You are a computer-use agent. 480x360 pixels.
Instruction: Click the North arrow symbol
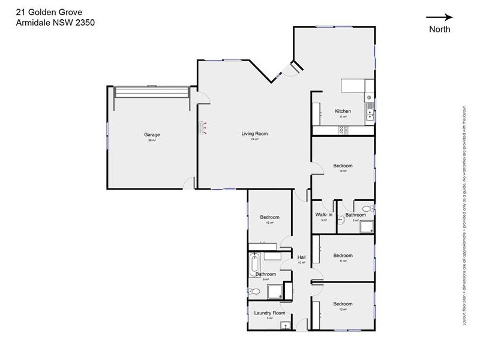pos(439,18)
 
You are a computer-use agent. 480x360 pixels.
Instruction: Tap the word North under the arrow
pos(439,29)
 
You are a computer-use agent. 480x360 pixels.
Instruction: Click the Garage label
pos(152,135)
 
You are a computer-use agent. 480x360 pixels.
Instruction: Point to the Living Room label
pos(254,134)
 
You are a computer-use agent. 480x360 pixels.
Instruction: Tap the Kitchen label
pos(343,111)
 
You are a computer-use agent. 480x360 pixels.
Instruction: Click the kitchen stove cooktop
pos(369,96)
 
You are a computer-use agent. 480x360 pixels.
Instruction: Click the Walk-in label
pos(324,215)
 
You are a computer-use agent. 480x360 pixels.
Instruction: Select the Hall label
pos(302,257)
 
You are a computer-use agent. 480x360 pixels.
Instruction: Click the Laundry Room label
pos(269,313)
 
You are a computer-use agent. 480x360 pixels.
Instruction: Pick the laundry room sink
pos(286,326)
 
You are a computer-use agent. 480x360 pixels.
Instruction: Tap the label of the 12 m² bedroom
pos(343,304)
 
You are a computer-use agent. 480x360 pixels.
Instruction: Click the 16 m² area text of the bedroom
pos(343,171)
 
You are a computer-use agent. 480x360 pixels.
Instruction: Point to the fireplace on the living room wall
pos(202,127)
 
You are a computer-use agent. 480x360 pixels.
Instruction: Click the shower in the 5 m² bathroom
pos(366,226)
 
